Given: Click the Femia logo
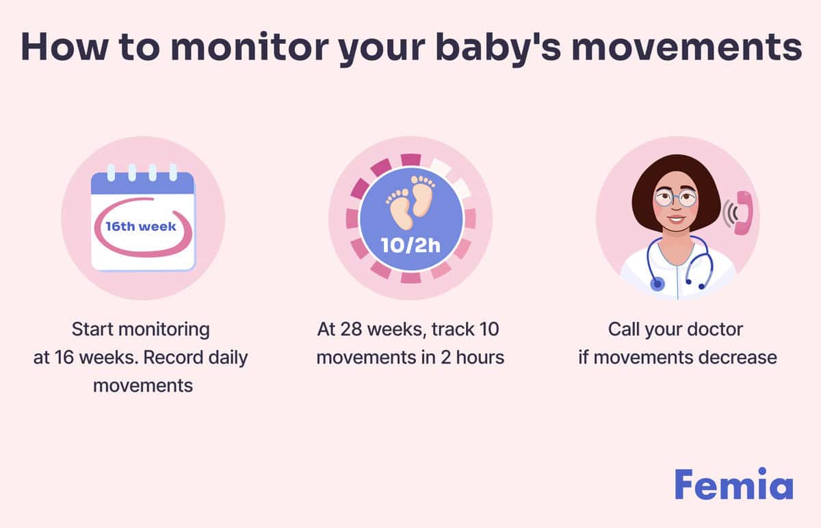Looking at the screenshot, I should click(x=733, y=484).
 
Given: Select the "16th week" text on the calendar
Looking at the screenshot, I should click(x=140, y=225).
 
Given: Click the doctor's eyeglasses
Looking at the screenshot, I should click(x=675, y=199).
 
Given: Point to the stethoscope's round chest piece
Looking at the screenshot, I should click(x=657, y=283).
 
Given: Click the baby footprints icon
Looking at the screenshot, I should click(x=410, y=202).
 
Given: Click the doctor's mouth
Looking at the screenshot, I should click(x=676, y=220).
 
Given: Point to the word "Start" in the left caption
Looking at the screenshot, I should click(x=92, y=329).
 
